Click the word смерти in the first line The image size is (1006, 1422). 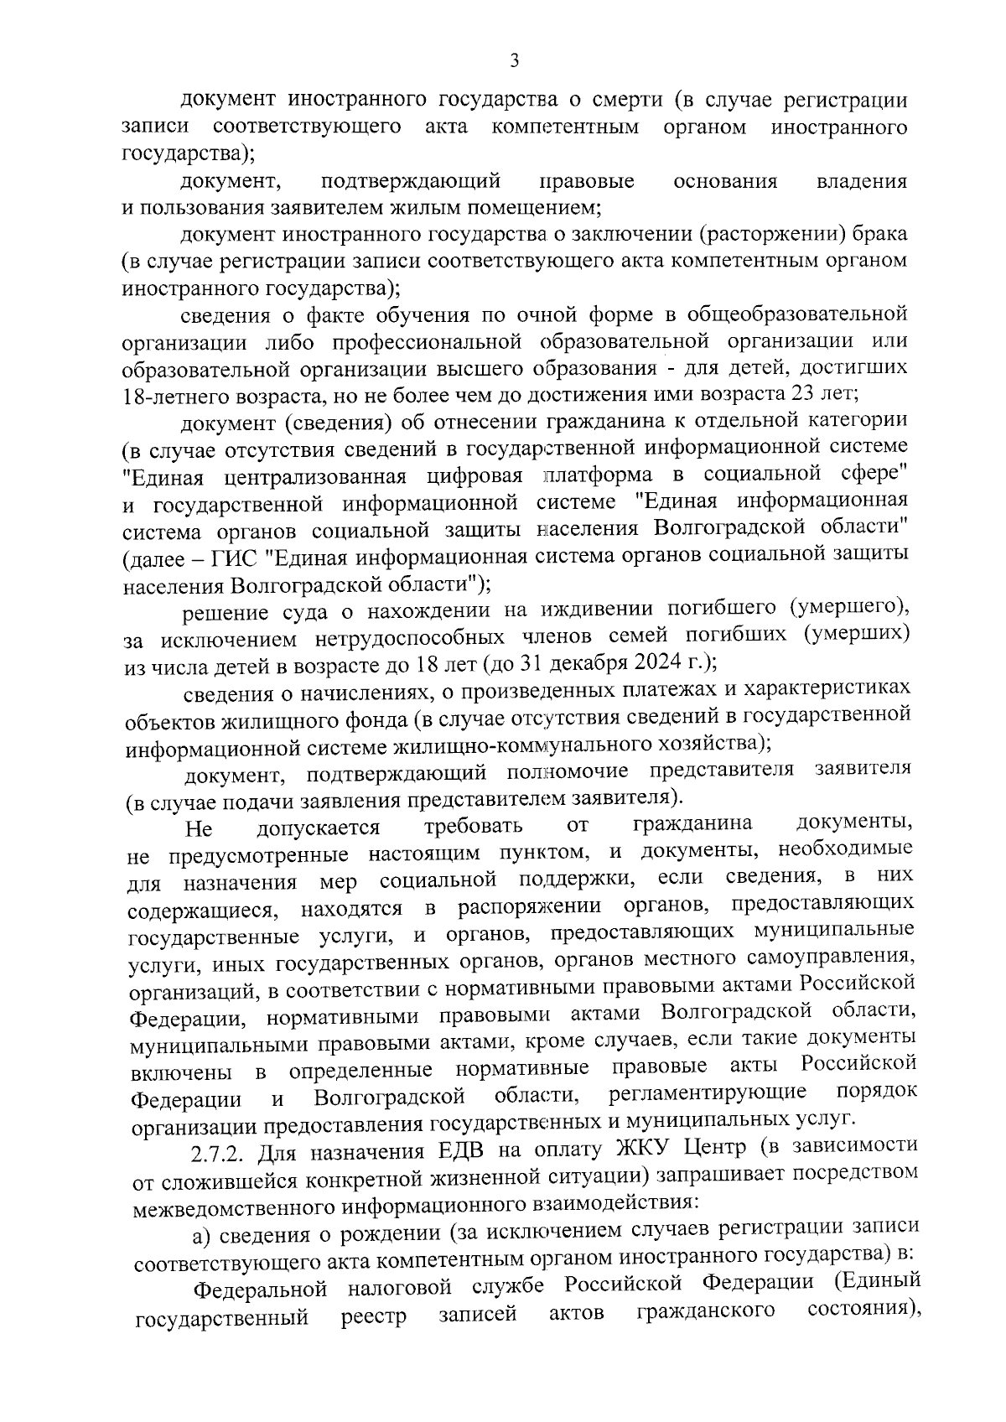pos(616,101)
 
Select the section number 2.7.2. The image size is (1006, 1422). pos(219,1151)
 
